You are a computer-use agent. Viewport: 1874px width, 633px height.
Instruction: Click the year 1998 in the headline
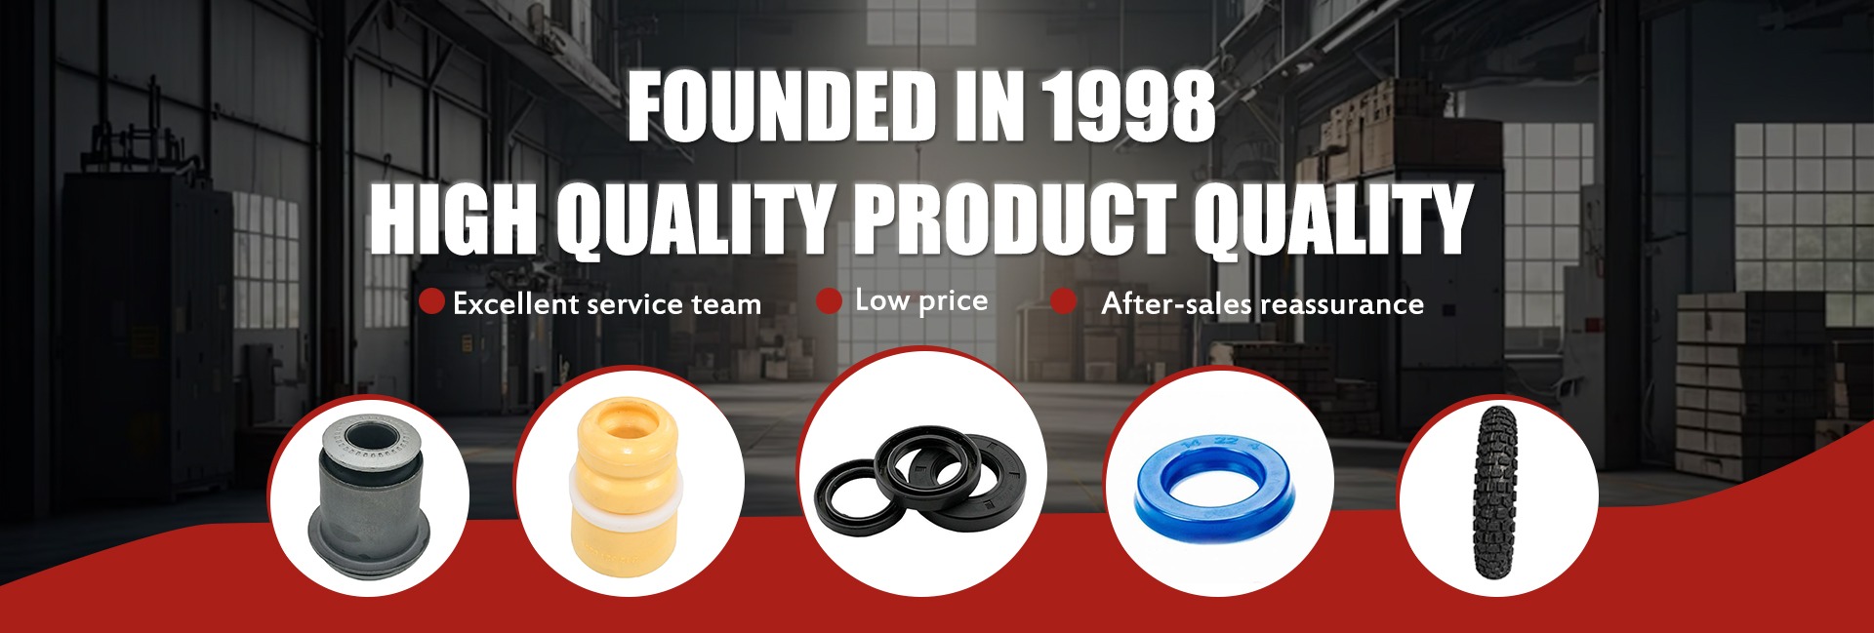1127,106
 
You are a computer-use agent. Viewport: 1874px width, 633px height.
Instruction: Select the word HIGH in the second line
453,218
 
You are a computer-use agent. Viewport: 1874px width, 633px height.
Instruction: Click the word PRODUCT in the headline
1015,218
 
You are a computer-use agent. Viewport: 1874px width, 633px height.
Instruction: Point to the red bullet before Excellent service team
431,301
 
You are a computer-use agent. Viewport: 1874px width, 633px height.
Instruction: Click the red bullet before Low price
829,300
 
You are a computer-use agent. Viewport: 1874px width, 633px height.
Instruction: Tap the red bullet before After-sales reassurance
1064,301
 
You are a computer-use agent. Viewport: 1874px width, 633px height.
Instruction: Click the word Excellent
517,303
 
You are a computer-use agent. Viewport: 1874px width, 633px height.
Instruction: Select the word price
954,301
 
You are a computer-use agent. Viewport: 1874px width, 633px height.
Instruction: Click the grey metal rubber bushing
370,497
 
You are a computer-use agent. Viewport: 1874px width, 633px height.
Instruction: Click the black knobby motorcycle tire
1495,494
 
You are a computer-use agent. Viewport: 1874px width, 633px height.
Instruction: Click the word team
726,304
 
